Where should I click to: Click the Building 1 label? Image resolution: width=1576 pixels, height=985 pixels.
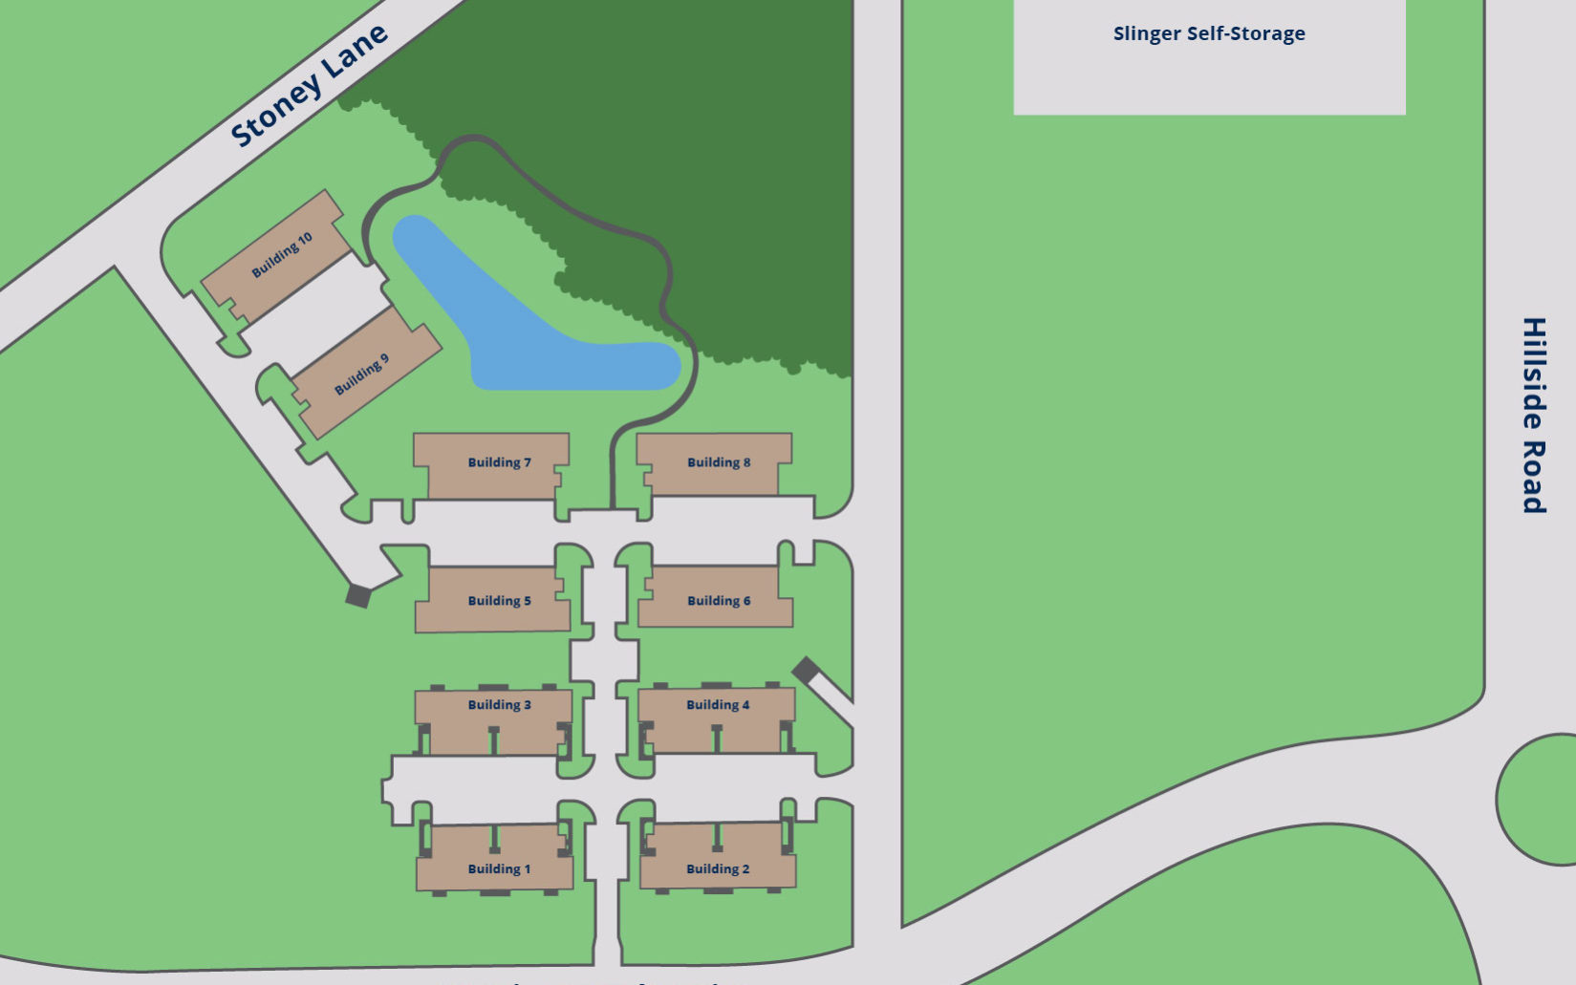click(499, 868)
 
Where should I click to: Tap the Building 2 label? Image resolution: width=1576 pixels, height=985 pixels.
click(718, 868)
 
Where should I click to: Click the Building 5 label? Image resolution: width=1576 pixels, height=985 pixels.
click(499, 600)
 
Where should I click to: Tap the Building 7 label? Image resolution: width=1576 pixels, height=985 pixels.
click(499, 462)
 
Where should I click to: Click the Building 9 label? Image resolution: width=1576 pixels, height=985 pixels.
click(361, 375)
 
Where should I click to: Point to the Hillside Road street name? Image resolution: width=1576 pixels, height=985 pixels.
click(1534, 416)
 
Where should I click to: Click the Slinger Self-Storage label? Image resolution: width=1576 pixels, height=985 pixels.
click(1209, 33)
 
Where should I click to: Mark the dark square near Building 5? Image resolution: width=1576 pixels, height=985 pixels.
click(358, 596)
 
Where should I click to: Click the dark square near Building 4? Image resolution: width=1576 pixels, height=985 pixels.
click(806, 670)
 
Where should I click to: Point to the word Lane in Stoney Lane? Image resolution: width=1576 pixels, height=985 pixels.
click(356, 52)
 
